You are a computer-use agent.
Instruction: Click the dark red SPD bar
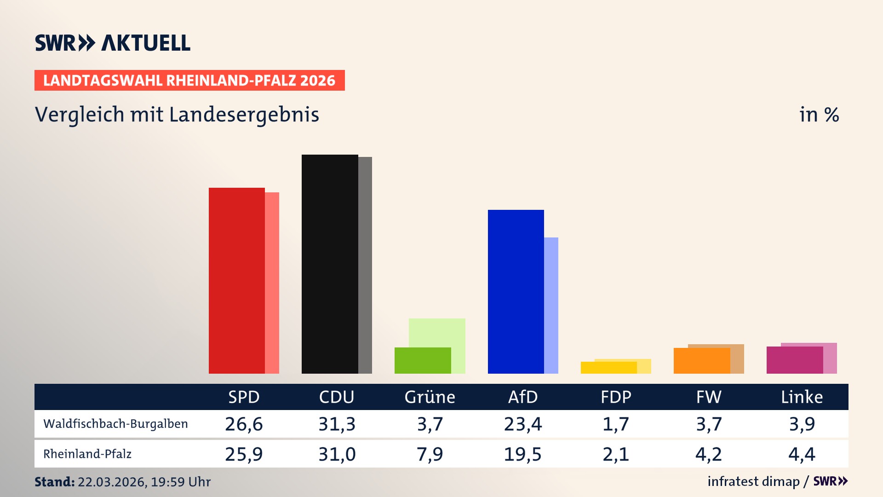(x=237, y=281)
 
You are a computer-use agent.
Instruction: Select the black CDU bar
(x=330, y=264)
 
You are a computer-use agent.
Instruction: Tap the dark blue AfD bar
(x=516, y=292)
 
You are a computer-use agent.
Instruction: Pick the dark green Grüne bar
(x=423, y=360)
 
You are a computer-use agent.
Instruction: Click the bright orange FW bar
(x=702, y=361)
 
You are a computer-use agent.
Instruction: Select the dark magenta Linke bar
(x=795, y=360)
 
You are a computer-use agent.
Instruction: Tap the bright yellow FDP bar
(x=608, y=368)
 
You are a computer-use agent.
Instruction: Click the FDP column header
(x=616, y=397)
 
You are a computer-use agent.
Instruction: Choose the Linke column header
(x=802, y=397)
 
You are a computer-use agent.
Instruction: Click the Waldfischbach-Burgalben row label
(x=115, y=424)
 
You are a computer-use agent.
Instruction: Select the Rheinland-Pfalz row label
(x=87, y=454)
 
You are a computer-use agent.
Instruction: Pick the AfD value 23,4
(x=523, y=424)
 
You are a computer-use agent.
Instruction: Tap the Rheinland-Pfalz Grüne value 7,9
(x=430, y=454)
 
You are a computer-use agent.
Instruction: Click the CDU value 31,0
(x=337, y=454)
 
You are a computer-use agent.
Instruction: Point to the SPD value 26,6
(x=244, y=424)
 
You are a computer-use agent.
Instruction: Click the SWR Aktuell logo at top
(x=113, y=43)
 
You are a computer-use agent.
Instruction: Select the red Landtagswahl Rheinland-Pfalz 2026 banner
(x=189, y=81)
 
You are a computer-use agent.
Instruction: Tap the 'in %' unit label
(x=819, y=115)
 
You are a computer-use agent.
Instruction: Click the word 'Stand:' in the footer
(x=54, y=482)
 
